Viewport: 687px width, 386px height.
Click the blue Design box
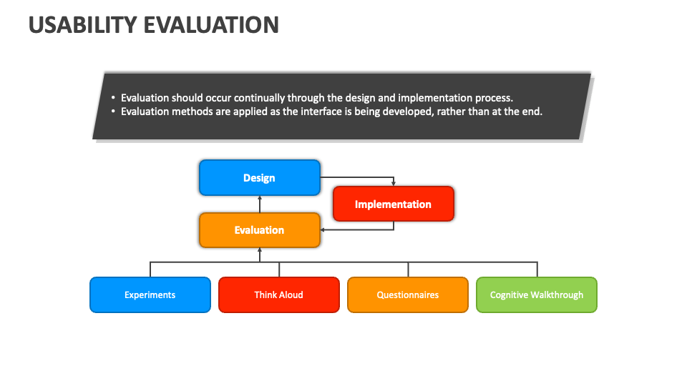(x=259, y=178)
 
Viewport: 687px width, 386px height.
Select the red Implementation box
(x=394, y=204)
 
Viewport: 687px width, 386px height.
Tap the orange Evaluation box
(x=259, y=230)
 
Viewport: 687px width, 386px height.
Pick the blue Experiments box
(x=150, y=295)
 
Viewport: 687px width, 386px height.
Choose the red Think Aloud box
(x=279, y=295)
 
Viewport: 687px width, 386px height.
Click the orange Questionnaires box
(x=408, y=295)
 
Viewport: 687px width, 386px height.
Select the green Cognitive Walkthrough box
(x=537, y=295)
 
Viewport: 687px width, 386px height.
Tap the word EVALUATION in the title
(x=211, y=25)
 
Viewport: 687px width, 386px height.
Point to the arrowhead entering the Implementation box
(x=394, y=184)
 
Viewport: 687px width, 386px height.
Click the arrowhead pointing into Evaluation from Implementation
(x=323, y=229)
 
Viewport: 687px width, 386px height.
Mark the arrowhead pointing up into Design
(x=260, y=198)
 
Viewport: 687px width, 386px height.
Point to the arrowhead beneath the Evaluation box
(x=260, y=250)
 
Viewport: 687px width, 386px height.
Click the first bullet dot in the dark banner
(x=113, y=98)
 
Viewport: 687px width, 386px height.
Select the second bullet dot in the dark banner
(x=113, y=112)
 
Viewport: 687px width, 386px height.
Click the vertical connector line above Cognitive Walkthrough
(x=537, y=269)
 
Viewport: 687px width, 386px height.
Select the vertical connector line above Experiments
(x=150, y=269)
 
